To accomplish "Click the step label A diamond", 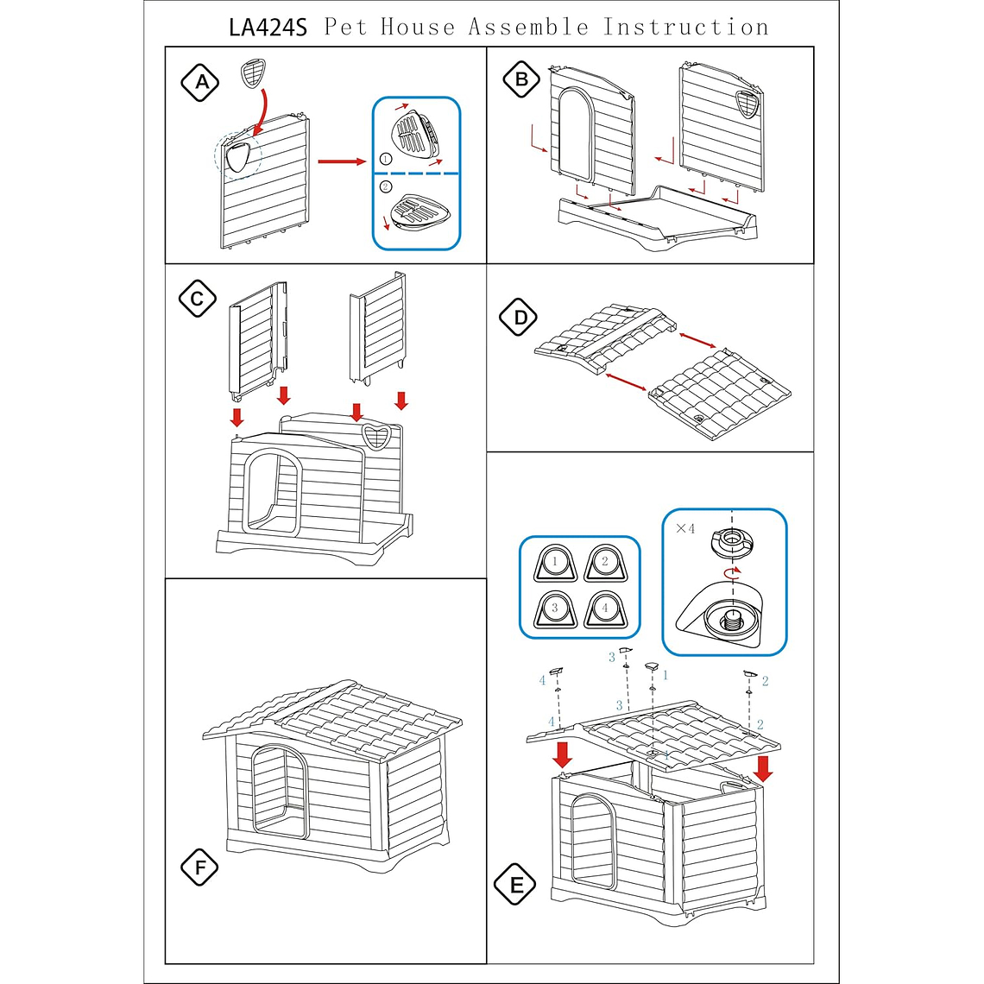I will coord(200,82).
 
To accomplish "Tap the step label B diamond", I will coord(521,80).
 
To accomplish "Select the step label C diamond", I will coord(198,299).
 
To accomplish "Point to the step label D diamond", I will coord(520,318).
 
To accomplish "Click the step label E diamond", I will coord(516,885).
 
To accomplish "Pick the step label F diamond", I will coord(200,867).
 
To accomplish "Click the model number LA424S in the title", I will coord(268,27).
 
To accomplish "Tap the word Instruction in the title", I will coord(686,27).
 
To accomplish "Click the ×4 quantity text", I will coord(685,528).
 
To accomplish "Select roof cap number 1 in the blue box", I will coord(555,563).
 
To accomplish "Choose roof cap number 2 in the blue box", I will coord(604,563).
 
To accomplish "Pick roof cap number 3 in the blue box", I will coord(555,609).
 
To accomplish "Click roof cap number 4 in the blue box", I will coord(604,609).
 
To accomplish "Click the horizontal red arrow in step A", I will coord(342,161).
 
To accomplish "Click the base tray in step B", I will coord(656,216).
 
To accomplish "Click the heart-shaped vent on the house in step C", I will coord(376,437).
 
